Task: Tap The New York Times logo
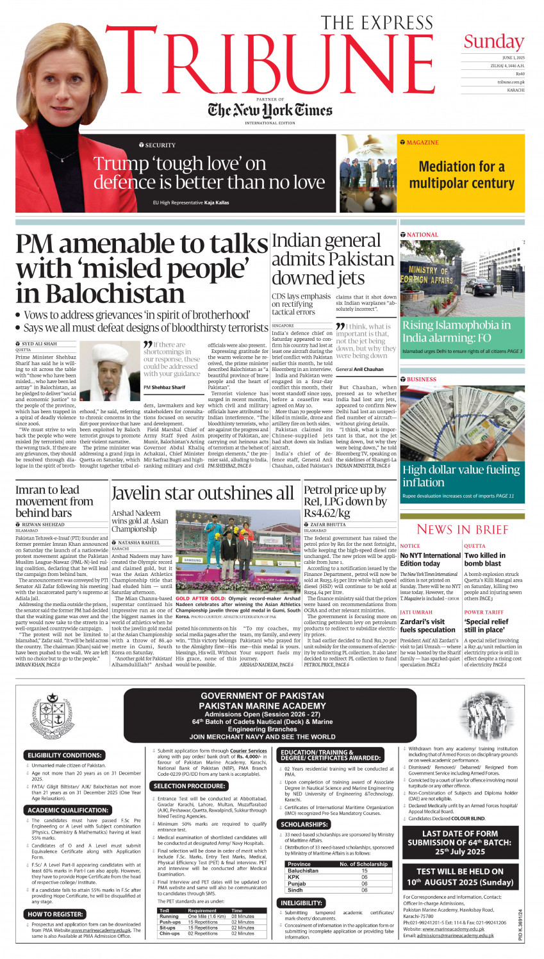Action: pos(270,111)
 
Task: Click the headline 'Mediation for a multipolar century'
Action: pos(461,175)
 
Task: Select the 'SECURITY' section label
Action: pos(160,145)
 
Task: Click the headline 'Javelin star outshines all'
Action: pos(202,493)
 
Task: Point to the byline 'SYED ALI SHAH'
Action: pos(39,344)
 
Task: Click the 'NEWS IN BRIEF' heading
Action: pos(462,529)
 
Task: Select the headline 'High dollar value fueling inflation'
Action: pos(461,476)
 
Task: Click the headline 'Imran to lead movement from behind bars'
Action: pos(54,501)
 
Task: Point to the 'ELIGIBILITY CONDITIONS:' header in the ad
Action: pos(64,755)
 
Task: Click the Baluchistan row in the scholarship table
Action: pos(337,871)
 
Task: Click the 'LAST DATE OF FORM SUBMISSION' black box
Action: pos(460,842)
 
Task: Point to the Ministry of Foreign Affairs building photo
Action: pos(462,277)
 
